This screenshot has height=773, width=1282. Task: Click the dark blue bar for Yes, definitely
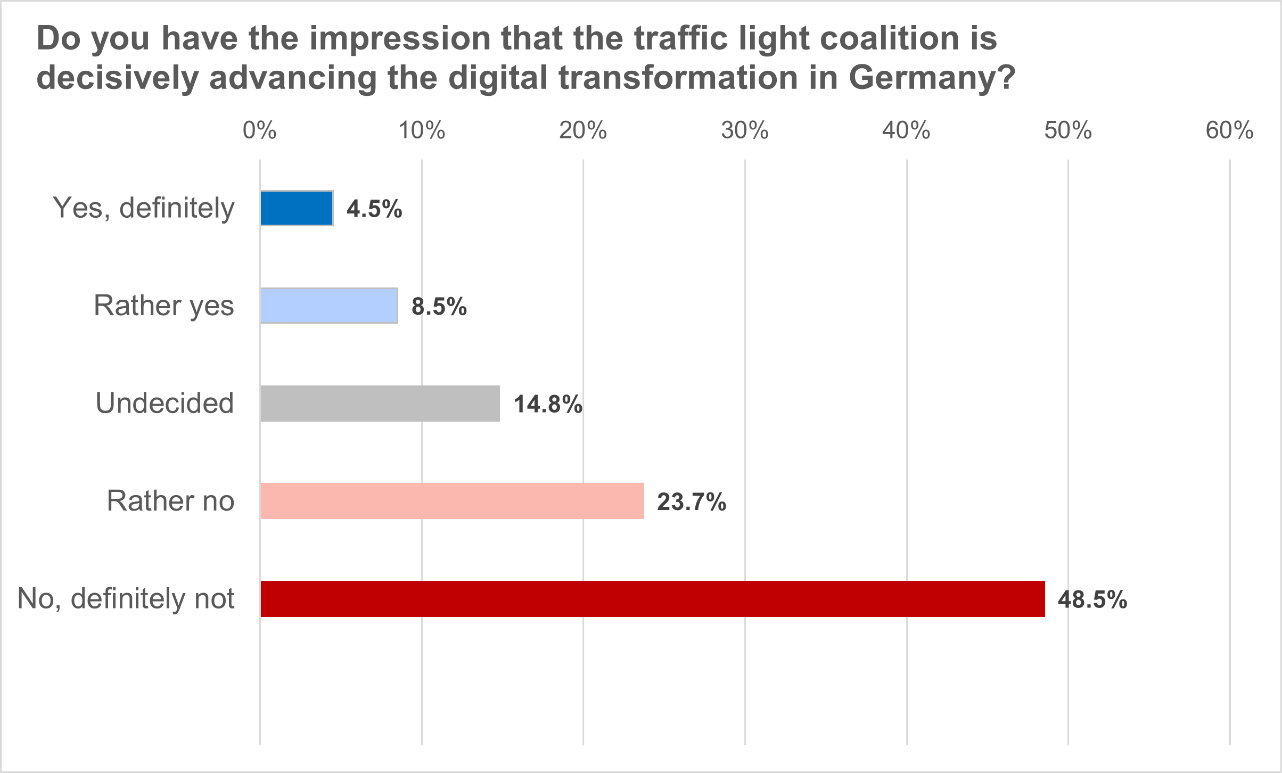pyautogui.click(x=297, y=208)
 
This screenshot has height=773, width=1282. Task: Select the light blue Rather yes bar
pyautogui.click(x=329, y=306)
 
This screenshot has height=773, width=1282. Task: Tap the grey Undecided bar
pyautogui.click(x=380, y=404)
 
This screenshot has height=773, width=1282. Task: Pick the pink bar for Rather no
pyautogui.click(x=452, y=501)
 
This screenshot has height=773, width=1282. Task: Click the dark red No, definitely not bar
pyautogui.click(x=652, y=599)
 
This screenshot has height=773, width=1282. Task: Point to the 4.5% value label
pyautogui.click(x=374, y=209)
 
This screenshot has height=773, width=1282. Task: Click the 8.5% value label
pyautogui.click(x=439, y=307)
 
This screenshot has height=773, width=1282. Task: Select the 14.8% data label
pyautogui.click(x=548, y=404)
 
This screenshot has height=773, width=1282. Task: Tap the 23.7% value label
pyautogui.click(x=692, y=502)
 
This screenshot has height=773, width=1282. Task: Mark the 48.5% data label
pyautogui.click(x=1092, y=600)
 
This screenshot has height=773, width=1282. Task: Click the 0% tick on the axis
pyautogui.click(x=260, y=130)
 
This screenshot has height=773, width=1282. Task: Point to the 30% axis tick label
pyautogui.click(x=745, y=130)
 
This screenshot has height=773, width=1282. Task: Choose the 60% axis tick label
pyautogui.click(x=1230, y=130)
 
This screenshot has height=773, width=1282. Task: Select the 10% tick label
pyautogui.click(x=422, y=130)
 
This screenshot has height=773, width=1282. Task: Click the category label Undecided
pyautogui.click(x=165, y=403)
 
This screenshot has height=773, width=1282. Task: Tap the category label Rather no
pyautogui.click(x=170, y=501)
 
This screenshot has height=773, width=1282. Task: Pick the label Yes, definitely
pyautogui.click(x=143, y=208)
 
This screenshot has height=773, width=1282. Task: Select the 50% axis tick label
pyautogui.click(x=1068, y=130)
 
